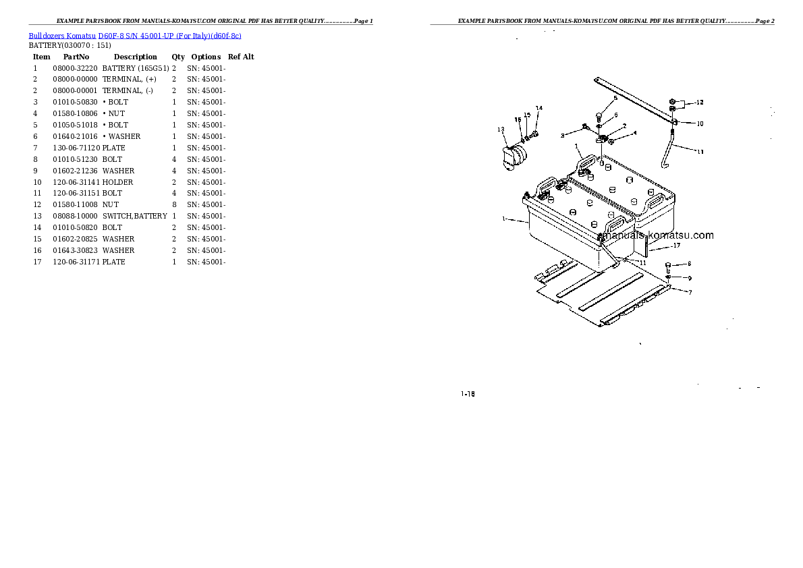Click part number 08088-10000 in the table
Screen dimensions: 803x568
click(75, 216)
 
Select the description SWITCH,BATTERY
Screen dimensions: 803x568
click(135, 216)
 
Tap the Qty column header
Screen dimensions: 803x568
click(178, 57)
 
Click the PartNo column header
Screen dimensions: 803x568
click(76, 57)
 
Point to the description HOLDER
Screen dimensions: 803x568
click(118, 182)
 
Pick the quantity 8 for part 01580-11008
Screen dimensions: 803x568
click(174, 205)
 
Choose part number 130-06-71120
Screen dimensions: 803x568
click(76, 148)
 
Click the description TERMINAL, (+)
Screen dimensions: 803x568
click(130, 80)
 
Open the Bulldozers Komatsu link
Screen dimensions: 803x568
click(62, 36)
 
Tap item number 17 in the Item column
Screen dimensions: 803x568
click(37, 262)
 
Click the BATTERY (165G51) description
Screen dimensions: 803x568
click(136, 68)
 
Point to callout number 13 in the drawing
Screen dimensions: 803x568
click(501, 130)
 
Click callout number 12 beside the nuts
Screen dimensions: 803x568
click(700, 103)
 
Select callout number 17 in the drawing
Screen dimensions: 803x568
click(677, 246)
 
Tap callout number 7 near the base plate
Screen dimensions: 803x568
click(690, 293)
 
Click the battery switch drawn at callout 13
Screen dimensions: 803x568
click(515, 157)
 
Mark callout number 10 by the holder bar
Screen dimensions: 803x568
click(700, 123)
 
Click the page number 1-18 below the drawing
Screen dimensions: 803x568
click(468, 394)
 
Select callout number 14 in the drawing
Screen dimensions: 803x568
click(538, 108)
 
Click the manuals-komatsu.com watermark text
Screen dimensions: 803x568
click(655, 235)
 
